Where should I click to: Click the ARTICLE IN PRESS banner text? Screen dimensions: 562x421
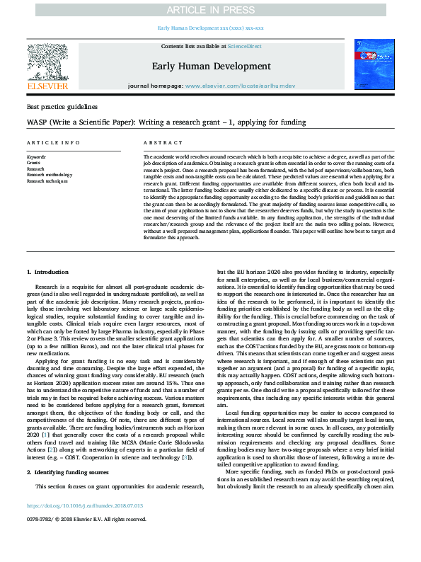point(210,10)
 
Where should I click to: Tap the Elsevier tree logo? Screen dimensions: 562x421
point(47,61)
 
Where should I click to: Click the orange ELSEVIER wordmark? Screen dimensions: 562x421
point(47,86)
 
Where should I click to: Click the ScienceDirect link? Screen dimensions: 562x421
point(246,46)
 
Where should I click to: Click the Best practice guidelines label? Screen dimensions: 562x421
point(62,107)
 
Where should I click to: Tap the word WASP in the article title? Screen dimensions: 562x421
point(38,122)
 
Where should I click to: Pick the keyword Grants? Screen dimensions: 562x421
point(34,162)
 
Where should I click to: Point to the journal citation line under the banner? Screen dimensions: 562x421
point(210,28)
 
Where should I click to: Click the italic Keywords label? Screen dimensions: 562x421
point(36,156)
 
